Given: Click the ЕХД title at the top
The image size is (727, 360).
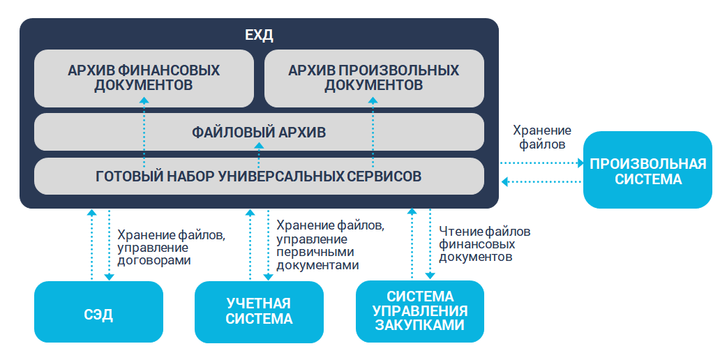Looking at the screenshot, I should [x=259, y=35].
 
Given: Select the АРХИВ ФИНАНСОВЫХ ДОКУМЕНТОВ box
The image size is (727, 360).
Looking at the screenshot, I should [x=144, y=78].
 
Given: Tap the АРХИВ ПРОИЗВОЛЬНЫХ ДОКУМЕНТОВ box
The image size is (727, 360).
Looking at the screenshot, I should [x=374, y=78].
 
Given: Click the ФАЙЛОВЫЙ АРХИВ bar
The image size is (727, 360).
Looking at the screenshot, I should [x=259, y=132].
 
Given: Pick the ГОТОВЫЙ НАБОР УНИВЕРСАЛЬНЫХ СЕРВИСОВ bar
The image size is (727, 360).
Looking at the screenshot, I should [x=259, y=176].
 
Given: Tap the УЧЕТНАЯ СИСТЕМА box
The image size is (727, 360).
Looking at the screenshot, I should [x=259, y=312].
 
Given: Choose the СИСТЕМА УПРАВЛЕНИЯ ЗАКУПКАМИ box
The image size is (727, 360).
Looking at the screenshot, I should [x=420, y=311].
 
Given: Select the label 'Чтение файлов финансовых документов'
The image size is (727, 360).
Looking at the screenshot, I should [x=485, y=243].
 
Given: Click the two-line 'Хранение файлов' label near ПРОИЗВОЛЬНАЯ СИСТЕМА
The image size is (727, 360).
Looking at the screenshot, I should [x=542, y=137].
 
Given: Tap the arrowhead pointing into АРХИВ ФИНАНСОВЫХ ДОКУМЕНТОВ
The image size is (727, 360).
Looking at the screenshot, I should [x=144, y=101].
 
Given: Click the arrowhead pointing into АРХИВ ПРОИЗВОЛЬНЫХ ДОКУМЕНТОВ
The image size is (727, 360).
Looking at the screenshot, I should [x=373, y=101].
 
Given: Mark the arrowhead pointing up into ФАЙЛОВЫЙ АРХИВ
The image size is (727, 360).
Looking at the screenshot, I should [x=259, y=145].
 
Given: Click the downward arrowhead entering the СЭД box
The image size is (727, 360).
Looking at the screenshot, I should [x=109, y=277].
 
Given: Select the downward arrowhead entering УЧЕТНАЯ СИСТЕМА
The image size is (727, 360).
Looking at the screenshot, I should [x=269, y=277].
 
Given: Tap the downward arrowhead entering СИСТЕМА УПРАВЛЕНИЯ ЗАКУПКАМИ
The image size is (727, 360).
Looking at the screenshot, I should [x=429, y=277].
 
